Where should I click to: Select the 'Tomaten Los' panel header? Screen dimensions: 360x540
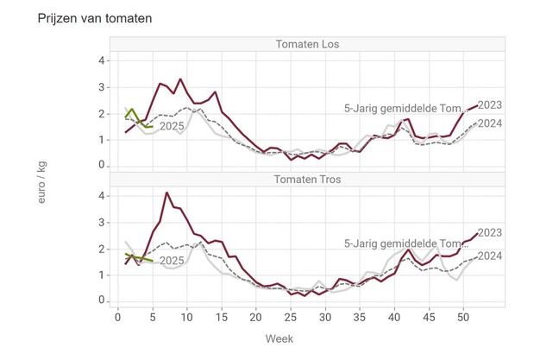coord(308,45)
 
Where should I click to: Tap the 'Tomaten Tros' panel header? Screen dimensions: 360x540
coord(308,180)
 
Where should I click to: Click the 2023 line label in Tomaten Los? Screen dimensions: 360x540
coord(490,105)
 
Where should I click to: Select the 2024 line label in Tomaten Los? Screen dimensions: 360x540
coord(490,123)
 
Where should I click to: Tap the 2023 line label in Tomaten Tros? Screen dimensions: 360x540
coord(490,232)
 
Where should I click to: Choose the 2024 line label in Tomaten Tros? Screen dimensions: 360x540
coord(490,256)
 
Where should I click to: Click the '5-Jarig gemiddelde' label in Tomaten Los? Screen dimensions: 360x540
coord(405,109)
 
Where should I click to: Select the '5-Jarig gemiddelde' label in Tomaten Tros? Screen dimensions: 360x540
coord(405,243)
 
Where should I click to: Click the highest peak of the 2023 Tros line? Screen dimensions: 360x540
coord(166,193)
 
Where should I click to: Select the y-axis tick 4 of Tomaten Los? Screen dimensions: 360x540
coord(101,61)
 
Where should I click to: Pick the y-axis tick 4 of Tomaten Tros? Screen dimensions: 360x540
coord(101,196)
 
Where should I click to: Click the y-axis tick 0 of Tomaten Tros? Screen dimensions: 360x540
coord(101,300)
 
